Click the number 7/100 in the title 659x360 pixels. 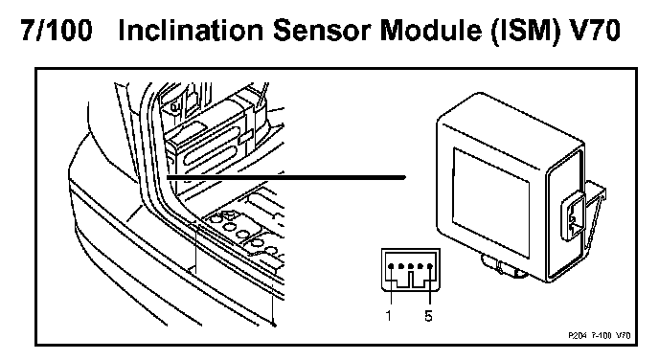click(x=57, y=31)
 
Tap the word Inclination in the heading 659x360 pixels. click(x=192, y=31)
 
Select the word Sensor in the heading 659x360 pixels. click(x=323, y=31)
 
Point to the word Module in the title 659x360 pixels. click(x=430, y=31)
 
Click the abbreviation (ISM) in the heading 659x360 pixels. click(x=525, y=31)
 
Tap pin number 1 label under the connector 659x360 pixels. click(x=389, y=315)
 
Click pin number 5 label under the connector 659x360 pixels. click(x=428, y=315)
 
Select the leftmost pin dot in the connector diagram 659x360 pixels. click(x=391, y=266)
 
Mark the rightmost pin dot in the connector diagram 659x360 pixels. click(x=429, y=266)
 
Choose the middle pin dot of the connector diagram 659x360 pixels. click(x=411, y=266)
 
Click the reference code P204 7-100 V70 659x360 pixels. click(x=600, y=335)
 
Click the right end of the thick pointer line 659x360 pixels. click(x=404, y=178)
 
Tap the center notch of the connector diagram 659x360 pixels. click(x=411, y=280)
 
